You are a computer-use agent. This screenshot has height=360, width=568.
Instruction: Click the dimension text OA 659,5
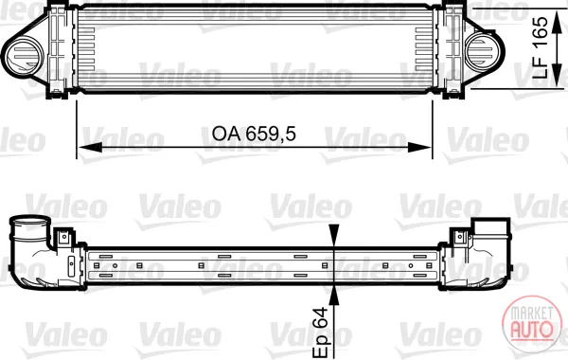point(254,134)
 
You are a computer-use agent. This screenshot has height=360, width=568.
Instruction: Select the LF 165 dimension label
point(541,48)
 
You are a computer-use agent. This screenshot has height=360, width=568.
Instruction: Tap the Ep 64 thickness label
point(320,332)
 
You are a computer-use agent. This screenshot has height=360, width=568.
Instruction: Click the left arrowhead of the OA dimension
point(90,148)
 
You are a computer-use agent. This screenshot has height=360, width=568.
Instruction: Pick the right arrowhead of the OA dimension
point(419,148)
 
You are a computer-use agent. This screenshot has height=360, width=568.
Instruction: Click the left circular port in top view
point(25,54)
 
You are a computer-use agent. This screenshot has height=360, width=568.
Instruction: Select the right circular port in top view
point(483,51)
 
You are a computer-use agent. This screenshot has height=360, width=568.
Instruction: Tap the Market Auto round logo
point(532,324)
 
